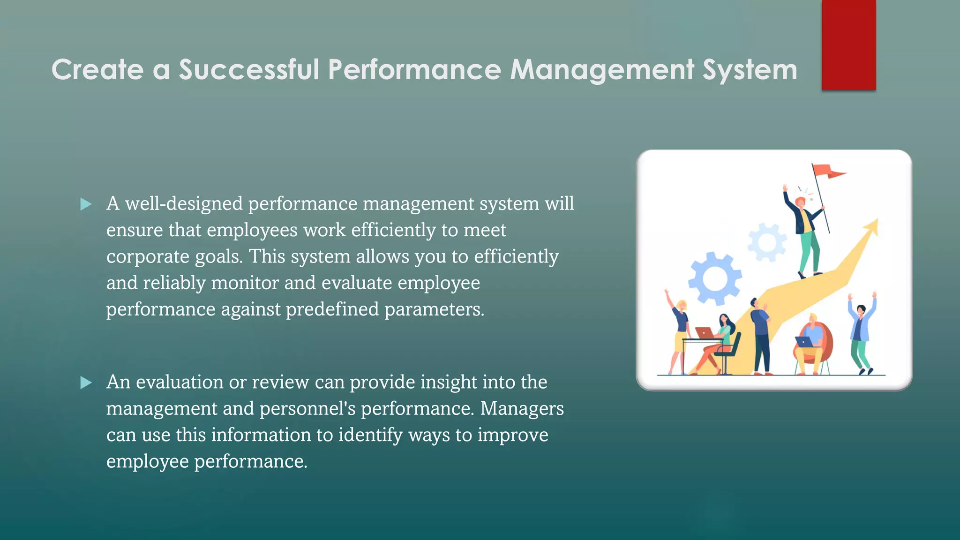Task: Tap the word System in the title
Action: coord(750,69)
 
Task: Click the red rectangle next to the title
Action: coord(848,45)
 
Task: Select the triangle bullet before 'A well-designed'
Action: coord(86,204)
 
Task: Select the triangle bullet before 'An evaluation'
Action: coord(86,382)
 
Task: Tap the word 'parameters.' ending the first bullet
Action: coord(434,309)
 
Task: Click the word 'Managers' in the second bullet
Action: coord(522,408)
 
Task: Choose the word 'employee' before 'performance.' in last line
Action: coord(147,461)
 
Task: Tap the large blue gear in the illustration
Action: coord(714,278)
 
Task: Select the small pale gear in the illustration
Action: coord(767,242)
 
